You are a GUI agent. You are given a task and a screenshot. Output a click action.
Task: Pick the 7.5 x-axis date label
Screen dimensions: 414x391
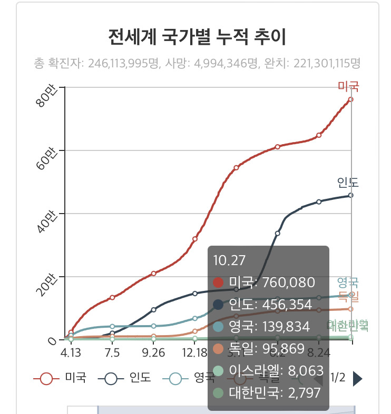112,351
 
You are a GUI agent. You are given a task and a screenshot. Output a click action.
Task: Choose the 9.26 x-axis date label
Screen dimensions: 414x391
153,351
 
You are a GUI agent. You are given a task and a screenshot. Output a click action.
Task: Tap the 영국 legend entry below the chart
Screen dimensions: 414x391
188,378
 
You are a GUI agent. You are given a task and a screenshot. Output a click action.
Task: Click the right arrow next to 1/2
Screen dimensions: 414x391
357,378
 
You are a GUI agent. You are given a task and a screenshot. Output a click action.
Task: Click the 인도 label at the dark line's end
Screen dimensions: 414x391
348,183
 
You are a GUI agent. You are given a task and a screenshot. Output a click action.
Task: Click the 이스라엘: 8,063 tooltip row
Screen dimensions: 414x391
263,370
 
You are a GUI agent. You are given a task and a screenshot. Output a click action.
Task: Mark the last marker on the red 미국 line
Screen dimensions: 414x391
351,99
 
